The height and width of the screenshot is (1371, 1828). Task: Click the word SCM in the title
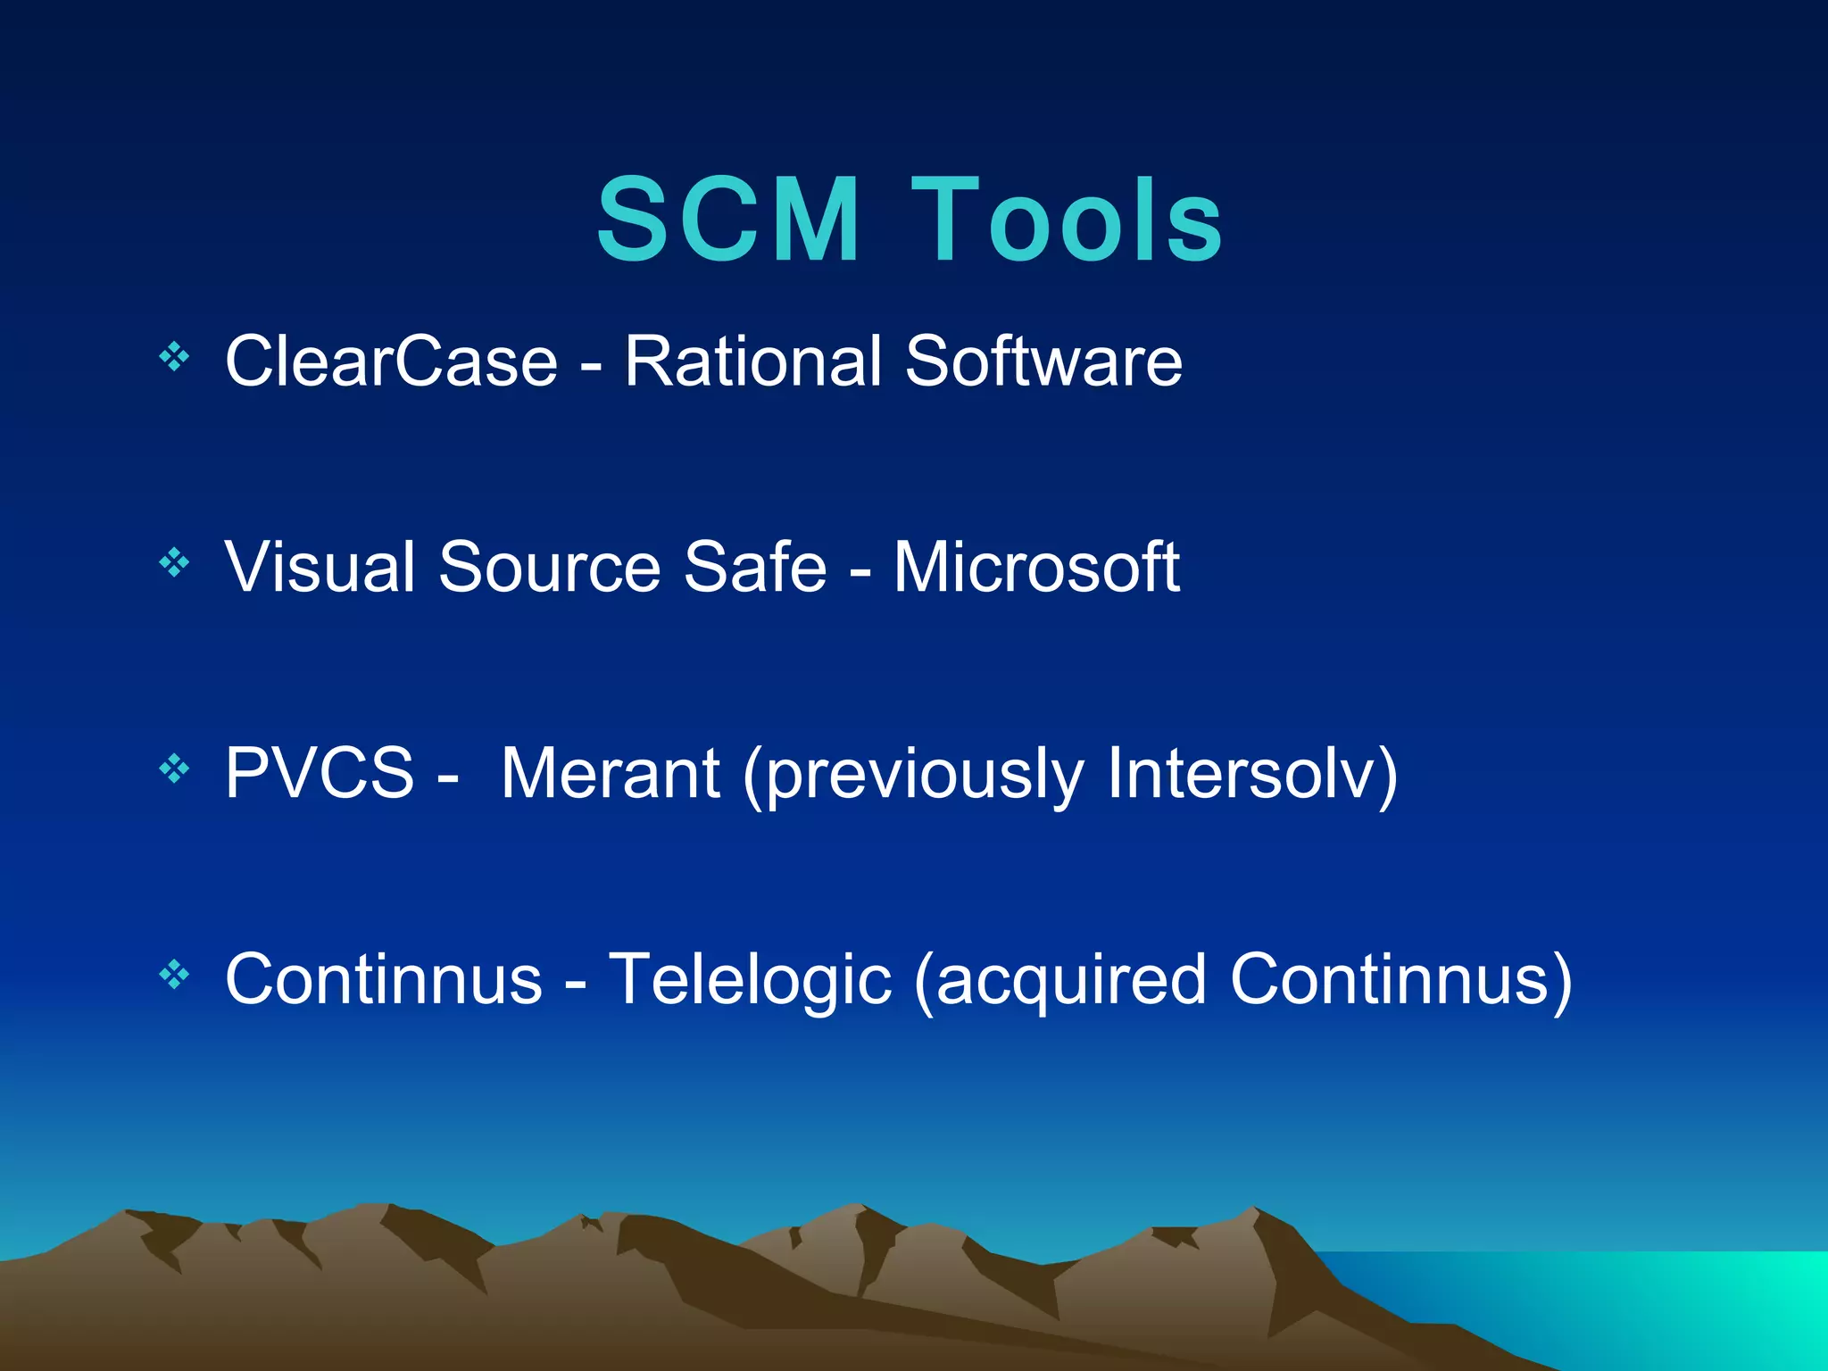click(727, 220)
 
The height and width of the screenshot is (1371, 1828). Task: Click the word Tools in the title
click(1067, 220)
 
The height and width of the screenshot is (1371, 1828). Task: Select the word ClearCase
click(391, 361)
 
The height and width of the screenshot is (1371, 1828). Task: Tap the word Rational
click(752, 361)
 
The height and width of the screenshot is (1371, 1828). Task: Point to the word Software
click(1043, 361)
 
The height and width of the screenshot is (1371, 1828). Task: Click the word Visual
click(320, 567)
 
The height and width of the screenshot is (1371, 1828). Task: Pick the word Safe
click(754, 567)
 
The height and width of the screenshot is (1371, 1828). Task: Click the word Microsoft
click(1036, 567)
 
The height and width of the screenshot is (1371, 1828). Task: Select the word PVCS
click(320, 773)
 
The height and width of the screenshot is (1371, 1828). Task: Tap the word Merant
click(610, 773)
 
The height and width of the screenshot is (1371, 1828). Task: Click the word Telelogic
click(750, 980)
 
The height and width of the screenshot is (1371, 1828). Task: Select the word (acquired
click(1059, 980)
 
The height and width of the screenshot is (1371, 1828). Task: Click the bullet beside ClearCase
click(174, 358)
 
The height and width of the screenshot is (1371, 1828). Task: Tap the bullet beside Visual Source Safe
click(174, 563)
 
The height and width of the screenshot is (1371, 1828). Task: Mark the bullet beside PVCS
click(174, 769)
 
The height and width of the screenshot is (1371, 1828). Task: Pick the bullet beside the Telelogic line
click(174, 975)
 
